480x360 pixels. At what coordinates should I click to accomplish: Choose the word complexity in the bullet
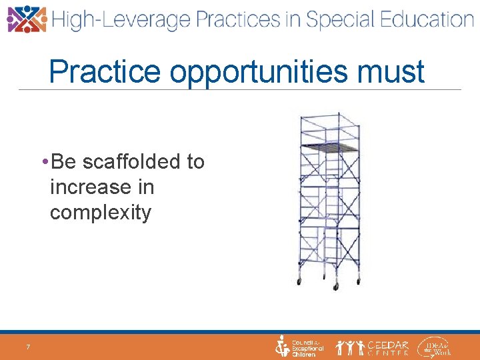pos(101,213)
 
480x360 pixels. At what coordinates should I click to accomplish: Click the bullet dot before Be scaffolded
pos(43,162)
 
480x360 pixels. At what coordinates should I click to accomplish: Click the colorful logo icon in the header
pos(27,19)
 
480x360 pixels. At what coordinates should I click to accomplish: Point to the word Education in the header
pos(423,19)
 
